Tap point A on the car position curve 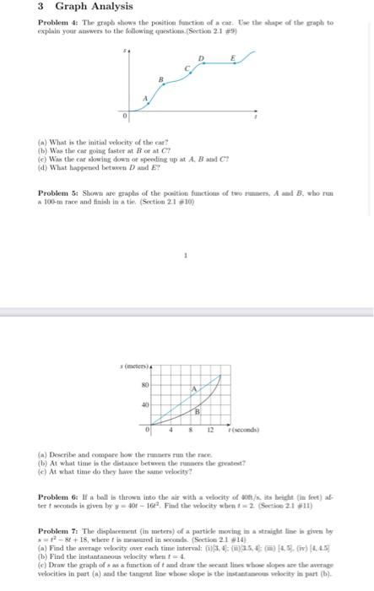point(144,99)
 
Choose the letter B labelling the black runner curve point(198,411)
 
